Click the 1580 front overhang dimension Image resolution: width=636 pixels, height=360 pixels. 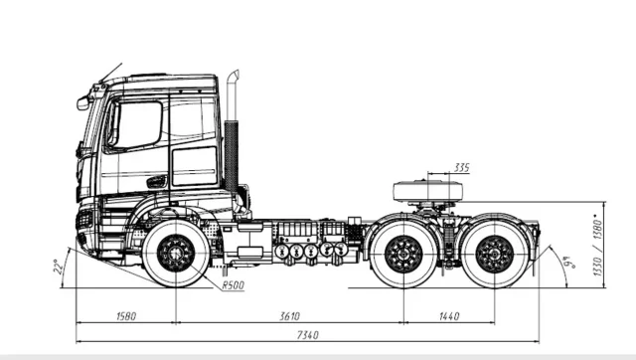point(126,316)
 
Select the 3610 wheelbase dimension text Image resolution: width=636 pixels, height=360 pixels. point(289,316)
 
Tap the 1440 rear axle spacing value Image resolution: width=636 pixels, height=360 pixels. point(449,316)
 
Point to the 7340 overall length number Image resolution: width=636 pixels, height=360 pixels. point(308,335)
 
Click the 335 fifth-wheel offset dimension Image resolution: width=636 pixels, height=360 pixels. point(461,167)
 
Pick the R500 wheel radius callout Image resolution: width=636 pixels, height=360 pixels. point(234,285)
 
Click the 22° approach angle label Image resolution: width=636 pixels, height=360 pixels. point(59,267)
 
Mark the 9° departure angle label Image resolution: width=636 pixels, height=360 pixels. point(571,263)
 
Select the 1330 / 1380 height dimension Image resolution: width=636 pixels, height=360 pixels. point(597,247)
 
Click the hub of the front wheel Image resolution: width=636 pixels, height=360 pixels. point(176,254)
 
